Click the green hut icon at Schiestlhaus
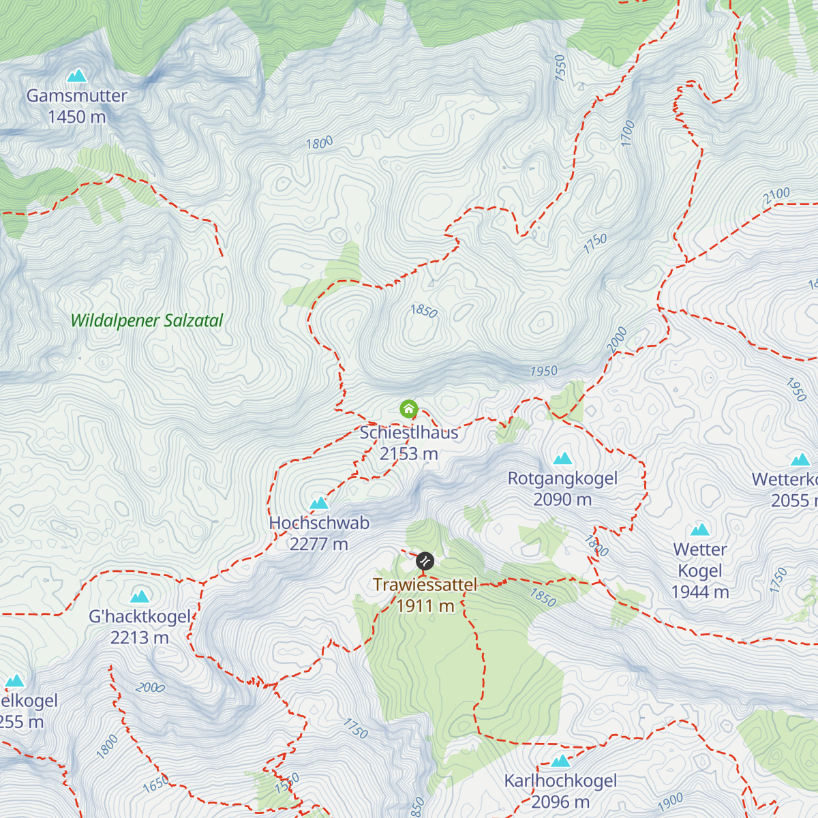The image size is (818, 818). click(408, 409)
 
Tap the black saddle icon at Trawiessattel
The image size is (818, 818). click(425, 561)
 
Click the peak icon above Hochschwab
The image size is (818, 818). click(319, 504)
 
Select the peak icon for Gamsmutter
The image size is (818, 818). click(77, 76)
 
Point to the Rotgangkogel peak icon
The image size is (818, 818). click(562, 459)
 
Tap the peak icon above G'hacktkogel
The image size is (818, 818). click(140, 597)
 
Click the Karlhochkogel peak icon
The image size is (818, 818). click(560, 761)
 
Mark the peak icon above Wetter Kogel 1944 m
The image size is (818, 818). click(700, 530)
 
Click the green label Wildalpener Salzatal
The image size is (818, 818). click(147, 320)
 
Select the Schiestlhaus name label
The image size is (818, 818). click(409, 432)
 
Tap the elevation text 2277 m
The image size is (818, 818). click(319, 544)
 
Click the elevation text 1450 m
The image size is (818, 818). click(77, 117)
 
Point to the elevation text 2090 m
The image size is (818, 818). click(562, 500)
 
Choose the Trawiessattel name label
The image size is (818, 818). click(425, 584)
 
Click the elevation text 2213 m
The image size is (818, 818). click(140, 637)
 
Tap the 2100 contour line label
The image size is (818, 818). click(776, 196)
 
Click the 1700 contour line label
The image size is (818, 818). click(628, 133)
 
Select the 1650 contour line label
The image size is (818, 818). click(155, 785)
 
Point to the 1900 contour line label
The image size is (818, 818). click(670, 802)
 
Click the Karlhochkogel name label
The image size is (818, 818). click(560, 781)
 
